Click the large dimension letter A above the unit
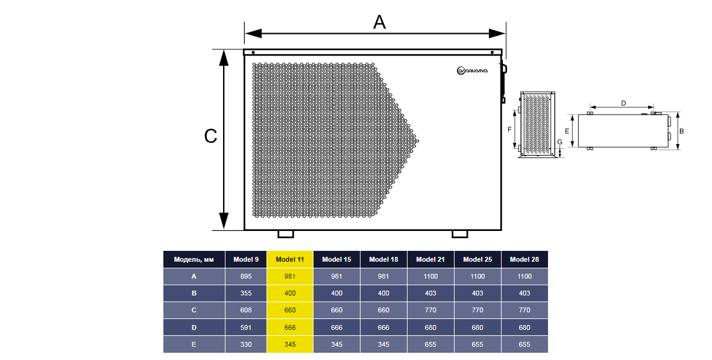(x=380, y=22)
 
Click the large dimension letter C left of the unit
(x=210, y=136)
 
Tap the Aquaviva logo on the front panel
(x=473, y=71)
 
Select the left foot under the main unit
(x=286, y=234)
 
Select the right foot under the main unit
(x=459, y=234)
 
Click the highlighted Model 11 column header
(x=290, y=259)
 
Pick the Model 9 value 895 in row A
(x=245, y=276)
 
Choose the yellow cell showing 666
(x=290, y=327)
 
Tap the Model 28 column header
(x=525, y=259)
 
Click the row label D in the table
(x=194, y=327)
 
